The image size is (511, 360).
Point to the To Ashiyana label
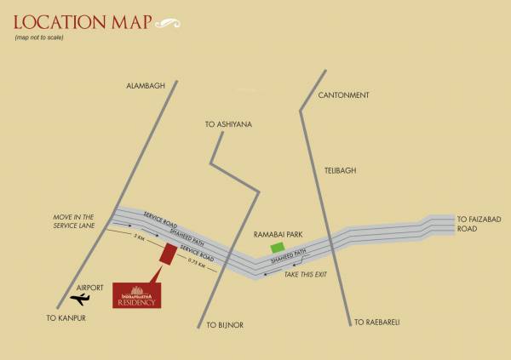coord(229,125)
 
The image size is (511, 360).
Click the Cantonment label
coord(343,95)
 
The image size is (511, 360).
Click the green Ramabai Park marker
coord(277,248)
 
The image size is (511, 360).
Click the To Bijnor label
coord(226,325)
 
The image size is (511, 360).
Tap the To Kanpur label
coord(67,317)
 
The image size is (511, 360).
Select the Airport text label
coord(89,289)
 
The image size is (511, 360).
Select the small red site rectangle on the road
coord(169,254)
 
